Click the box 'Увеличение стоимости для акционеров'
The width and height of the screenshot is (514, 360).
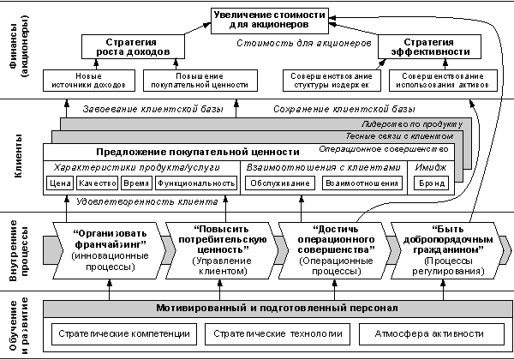pos(270,21)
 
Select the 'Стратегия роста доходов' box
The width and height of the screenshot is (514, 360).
pos(133,47)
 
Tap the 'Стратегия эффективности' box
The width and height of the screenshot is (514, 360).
pos(430,47)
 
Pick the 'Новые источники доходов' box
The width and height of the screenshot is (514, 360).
pos(89,81)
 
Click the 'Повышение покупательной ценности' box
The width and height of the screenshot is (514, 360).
pos(200,81)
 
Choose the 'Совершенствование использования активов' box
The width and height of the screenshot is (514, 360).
pos(443,81)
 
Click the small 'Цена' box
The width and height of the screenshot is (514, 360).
pos(60,183)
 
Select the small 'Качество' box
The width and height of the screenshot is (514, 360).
pos(97,183)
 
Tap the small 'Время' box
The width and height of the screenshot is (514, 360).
pos(137,183)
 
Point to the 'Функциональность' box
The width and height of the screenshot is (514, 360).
pos(196,183)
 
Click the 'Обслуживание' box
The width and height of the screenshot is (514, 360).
pos(280,183)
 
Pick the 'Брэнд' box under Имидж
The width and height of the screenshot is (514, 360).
pos(431,183)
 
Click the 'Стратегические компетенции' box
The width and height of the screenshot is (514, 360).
pos(124,334)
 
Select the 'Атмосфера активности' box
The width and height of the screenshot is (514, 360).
pos(432,334)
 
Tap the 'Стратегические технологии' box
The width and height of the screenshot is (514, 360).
pos(278,334)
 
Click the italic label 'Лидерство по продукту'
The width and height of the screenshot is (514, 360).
pos(412,124)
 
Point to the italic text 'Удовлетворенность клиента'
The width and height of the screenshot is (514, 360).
pos(146,201)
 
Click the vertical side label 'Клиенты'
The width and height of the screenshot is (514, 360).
pos(18,155)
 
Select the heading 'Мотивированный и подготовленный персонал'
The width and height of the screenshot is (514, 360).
pos(277,309)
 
